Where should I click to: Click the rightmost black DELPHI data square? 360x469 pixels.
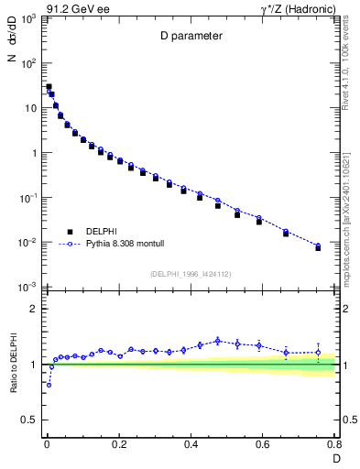coord(318,248)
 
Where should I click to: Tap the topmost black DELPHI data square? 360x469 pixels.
coord(49,87)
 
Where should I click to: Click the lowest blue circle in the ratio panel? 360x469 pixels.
coord(49,385)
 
